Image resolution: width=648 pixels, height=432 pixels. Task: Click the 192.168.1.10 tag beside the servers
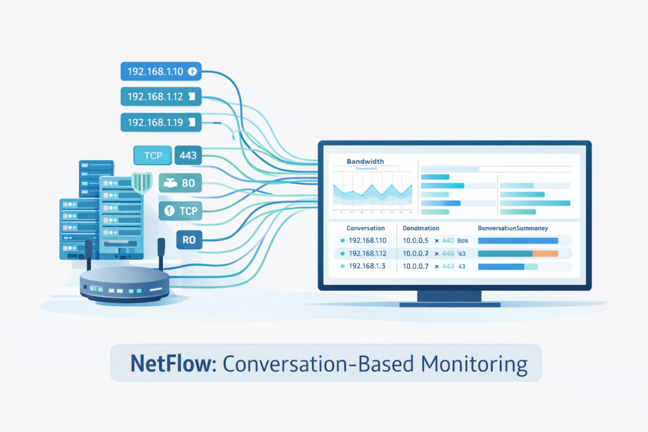coord(160,72)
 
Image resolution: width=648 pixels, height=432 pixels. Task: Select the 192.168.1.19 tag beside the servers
coord(160,122)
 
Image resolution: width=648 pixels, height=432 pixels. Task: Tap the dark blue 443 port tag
coord(188,155)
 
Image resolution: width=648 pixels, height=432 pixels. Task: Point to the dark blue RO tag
coord(189,240)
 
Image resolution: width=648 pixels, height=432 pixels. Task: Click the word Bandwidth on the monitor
coord(365,162)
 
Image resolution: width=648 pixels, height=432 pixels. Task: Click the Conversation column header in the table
coord(366,227)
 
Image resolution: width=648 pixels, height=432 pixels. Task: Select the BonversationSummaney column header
coord(513,227)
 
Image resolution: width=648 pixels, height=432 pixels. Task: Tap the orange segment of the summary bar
coord(545,254)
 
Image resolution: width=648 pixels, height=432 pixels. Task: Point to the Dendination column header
coord(421,227)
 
